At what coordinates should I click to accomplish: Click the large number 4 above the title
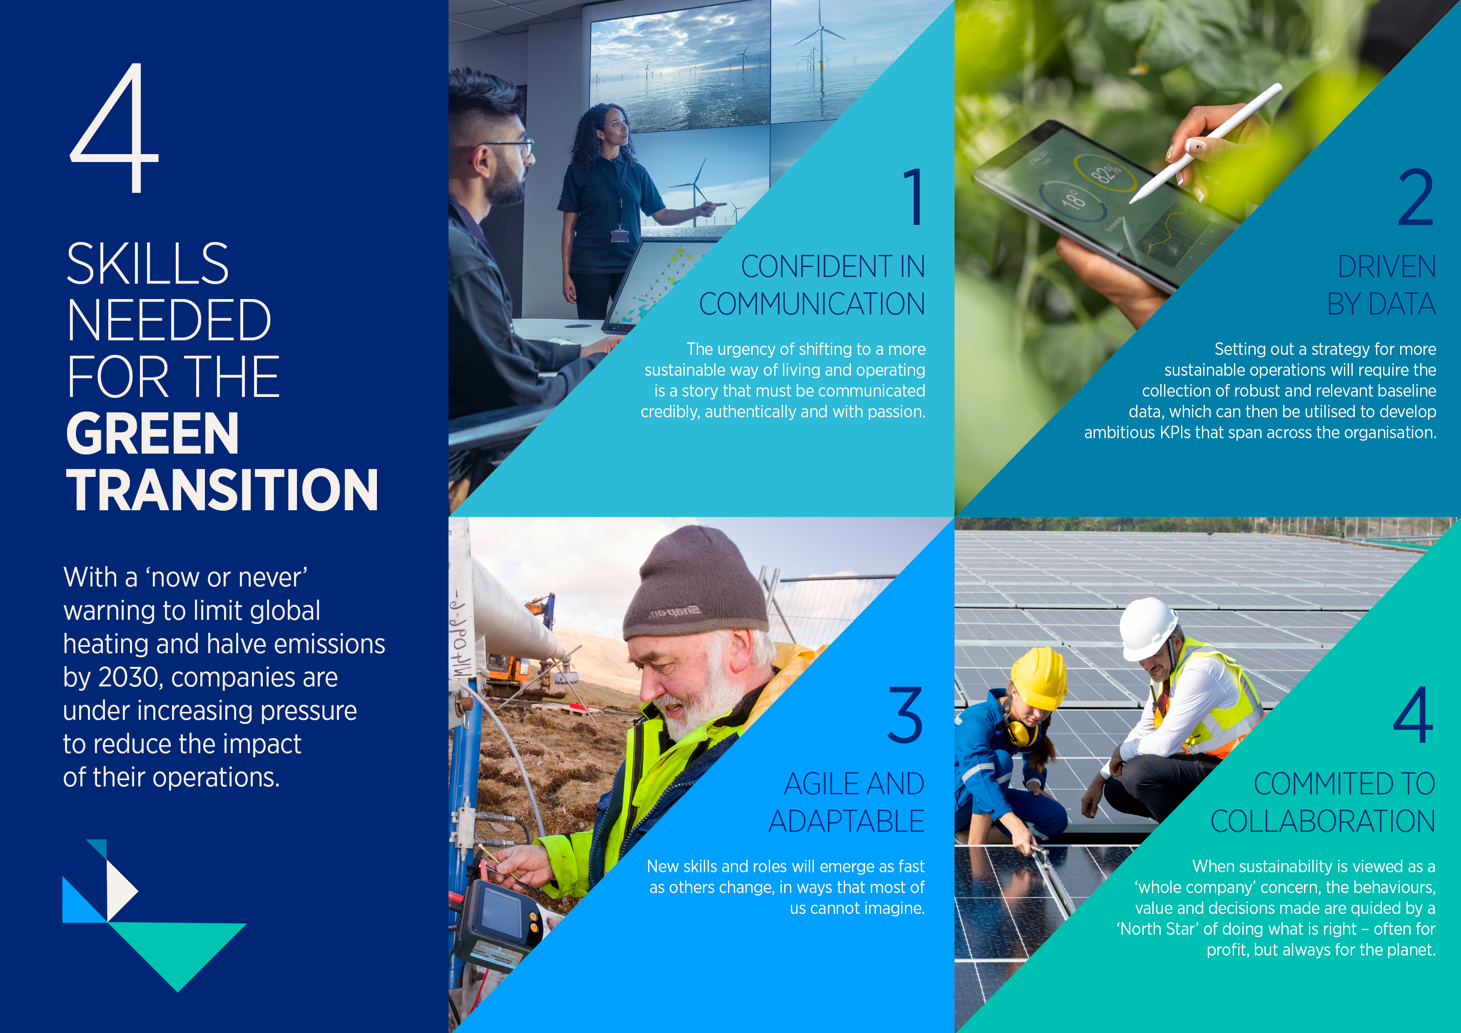pos(115,127)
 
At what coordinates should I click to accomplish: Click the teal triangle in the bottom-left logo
pos(177,951)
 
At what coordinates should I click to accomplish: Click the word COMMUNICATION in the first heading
pos(812,304)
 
